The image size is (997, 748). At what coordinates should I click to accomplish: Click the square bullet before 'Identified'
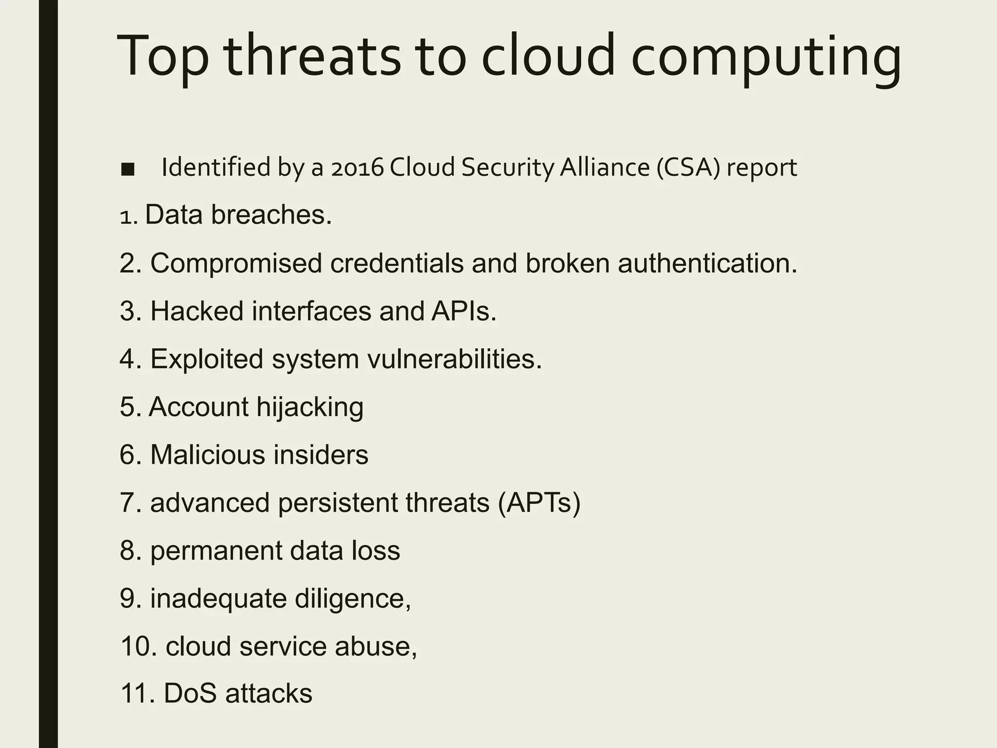pyautogui.click(x=128, y=169)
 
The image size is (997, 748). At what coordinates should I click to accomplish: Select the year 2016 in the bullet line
pyautogui.click(x=357, y=168)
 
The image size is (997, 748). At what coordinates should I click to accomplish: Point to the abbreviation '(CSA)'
pyautogui.click(x=687, y=168)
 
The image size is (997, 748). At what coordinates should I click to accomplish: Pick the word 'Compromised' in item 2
pyautogui.click(x=236, y=263)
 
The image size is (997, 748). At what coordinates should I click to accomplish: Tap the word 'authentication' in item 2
pyautogui.click(x=707, y=263)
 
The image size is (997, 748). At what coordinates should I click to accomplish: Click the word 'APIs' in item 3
pyautogui.click(x=463, y=311)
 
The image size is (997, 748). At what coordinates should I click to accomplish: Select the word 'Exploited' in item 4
pyautogui.click(x=207, y=359)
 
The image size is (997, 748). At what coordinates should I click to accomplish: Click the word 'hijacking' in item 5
pyautogui.click(x=310, y=407)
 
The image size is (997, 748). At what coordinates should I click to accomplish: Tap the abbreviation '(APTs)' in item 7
pyautogui.click(x=539, y=503)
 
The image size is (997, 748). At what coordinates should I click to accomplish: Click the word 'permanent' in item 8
pyautogui.click(x=216, y=551)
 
